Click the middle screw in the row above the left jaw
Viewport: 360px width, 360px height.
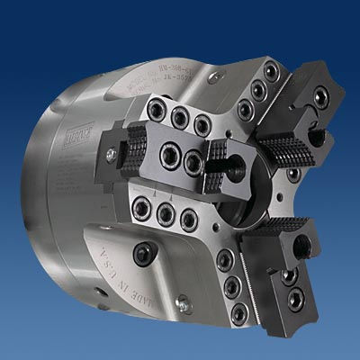pos(181,117)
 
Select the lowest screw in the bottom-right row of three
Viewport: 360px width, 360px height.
pos(239,313)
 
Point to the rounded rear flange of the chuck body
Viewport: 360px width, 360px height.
pos(54,180)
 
